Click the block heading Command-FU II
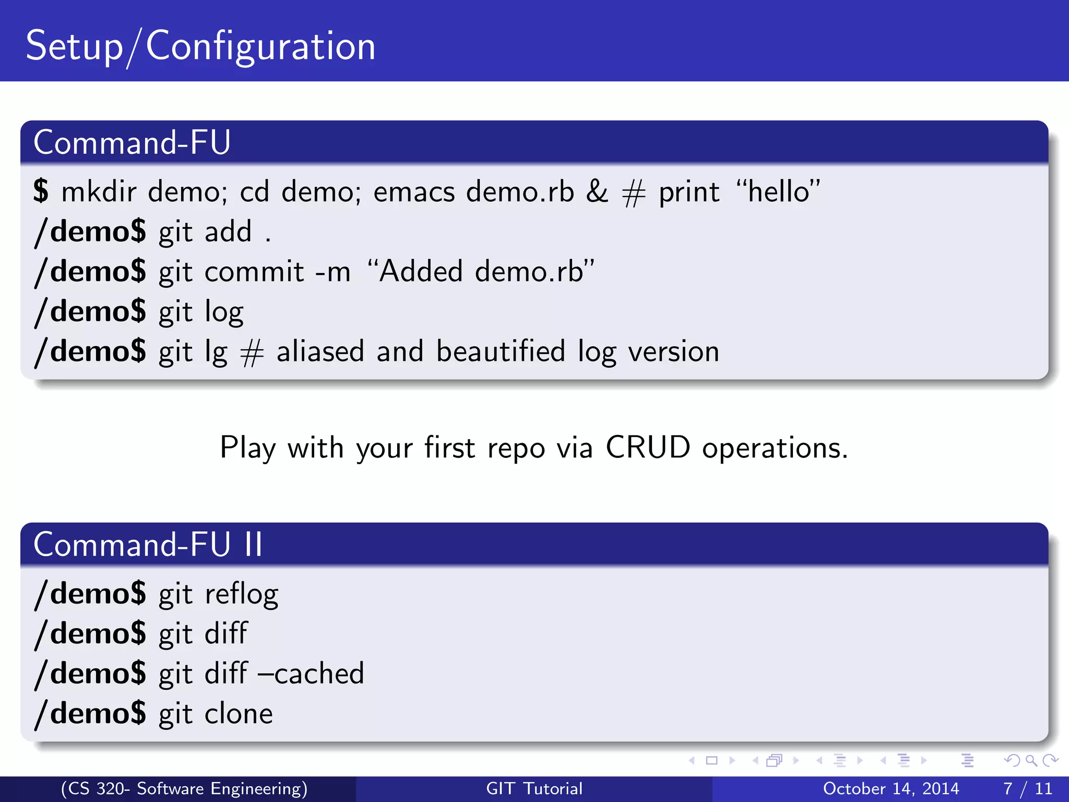[148, 545]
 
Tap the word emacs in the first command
[414, 192]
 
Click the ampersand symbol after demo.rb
[597, 192]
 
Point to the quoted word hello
[779, 192]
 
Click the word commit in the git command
[254, 272]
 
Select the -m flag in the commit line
[332, 272]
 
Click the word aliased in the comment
[320, 351]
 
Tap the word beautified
[501, 351]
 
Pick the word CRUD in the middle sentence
[648, 448]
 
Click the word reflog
[241, 595]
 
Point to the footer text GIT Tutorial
[534, 788]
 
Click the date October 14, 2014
[891, 788]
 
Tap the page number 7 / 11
[1027, 788]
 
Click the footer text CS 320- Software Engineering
[184, 788]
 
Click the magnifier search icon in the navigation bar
[1031, 761]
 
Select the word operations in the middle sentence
[775, 448]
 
